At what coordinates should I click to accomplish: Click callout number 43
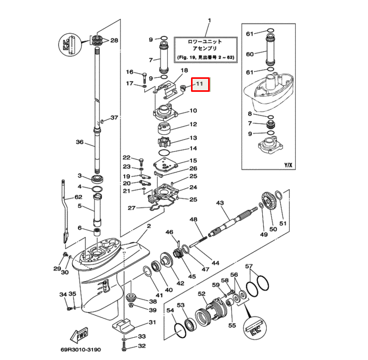220,203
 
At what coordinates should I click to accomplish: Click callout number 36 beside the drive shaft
79,142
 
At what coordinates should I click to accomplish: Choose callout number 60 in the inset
250,54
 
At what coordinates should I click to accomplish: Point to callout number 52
201,294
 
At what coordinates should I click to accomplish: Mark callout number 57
250,267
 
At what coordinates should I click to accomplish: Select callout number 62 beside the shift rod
78,197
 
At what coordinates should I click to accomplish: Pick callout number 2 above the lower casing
148,226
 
